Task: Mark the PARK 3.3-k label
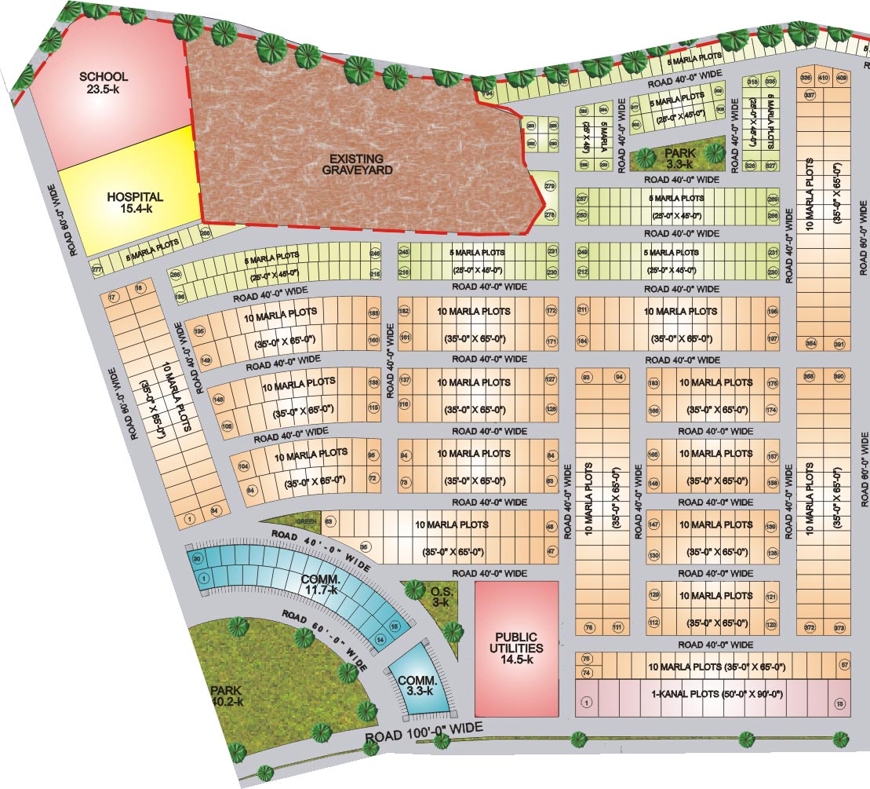[x=679, y=158]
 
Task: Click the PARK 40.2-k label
[x=227, y=696]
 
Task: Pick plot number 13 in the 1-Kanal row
[x=840, y=703]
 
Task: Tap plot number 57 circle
[x=844, y=665]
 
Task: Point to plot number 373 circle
[x=839, y=627]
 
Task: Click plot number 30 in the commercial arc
[x=197, y=558]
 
